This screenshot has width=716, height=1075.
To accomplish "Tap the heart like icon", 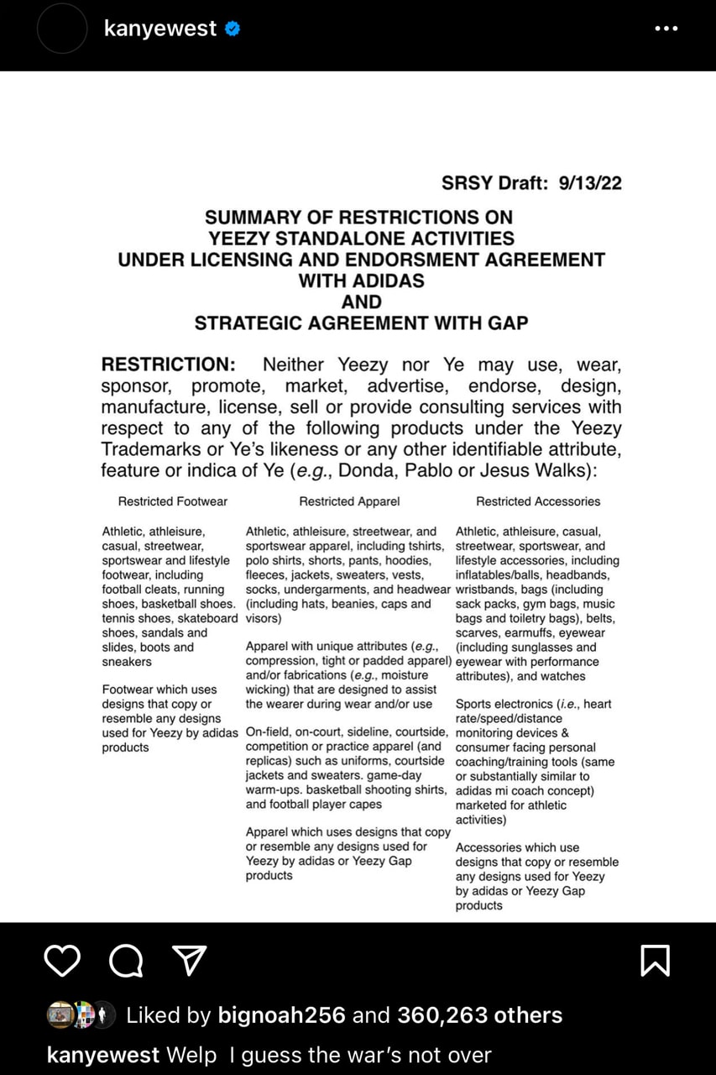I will click(62, 960).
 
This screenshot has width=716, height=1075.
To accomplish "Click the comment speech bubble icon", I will click(126, 960).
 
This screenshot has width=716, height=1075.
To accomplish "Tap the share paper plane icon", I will click(189, 960).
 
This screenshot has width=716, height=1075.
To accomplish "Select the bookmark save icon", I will click(655, 960).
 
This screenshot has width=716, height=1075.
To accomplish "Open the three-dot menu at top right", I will click(666, 29).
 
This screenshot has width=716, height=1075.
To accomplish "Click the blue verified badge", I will click(233, 29).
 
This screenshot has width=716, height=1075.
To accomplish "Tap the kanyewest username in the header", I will click(159, 29).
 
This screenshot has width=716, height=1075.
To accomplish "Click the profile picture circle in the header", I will click(62, 29).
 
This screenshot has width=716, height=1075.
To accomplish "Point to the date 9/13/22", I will click(590, 183).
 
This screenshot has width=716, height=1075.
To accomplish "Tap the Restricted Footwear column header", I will click(172, 501).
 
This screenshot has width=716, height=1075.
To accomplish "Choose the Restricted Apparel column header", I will click(349, 501).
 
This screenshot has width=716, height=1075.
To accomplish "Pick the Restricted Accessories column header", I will click(538, 501).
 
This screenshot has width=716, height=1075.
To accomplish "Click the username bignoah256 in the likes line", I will click(281, 1015).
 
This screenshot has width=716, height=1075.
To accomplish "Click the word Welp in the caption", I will click(191, 1055).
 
